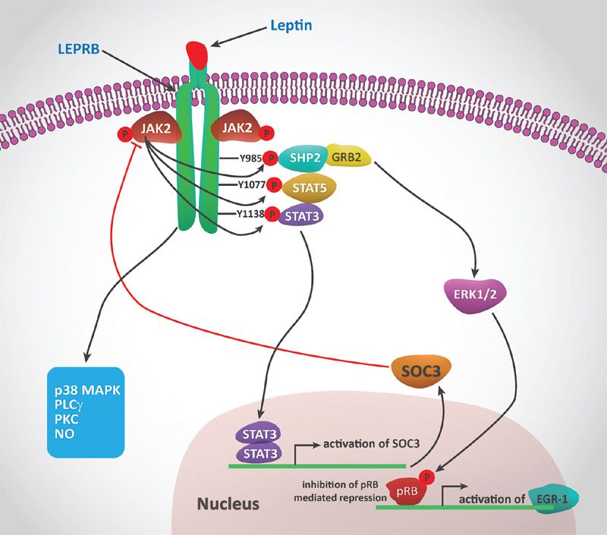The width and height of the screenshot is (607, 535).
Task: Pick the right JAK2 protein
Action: tap(238, 129)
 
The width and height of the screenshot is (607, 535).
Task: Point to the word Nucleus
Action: tap(228, 504)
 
